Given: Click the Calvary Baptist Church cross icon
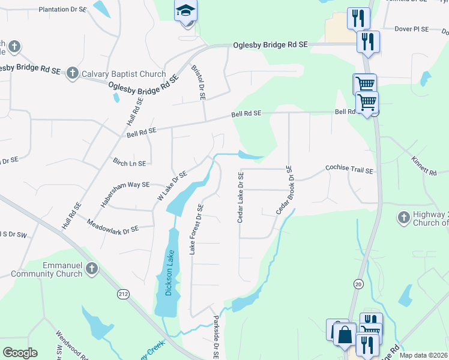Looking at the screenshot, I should [72, 74].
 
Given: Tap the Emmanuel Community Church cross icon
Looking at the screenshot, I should [91, 268].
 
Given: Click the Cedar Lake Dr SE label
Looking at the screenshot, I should [240, 197].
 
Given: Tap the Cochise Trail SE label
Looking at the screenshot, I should [349, 170].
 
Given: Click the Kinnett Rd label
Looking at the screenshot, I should [424, 166].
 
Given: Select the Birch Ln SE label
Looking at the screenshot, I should [129, 163].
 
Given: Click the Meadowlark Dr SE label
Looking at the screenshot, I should [113, 229].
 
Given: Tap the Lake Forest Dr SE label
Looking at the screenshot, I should [196, 229].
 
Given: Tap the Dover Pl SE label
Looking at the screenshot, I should [411, 29].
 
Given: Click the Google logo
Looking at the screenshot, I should [20, 352].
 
